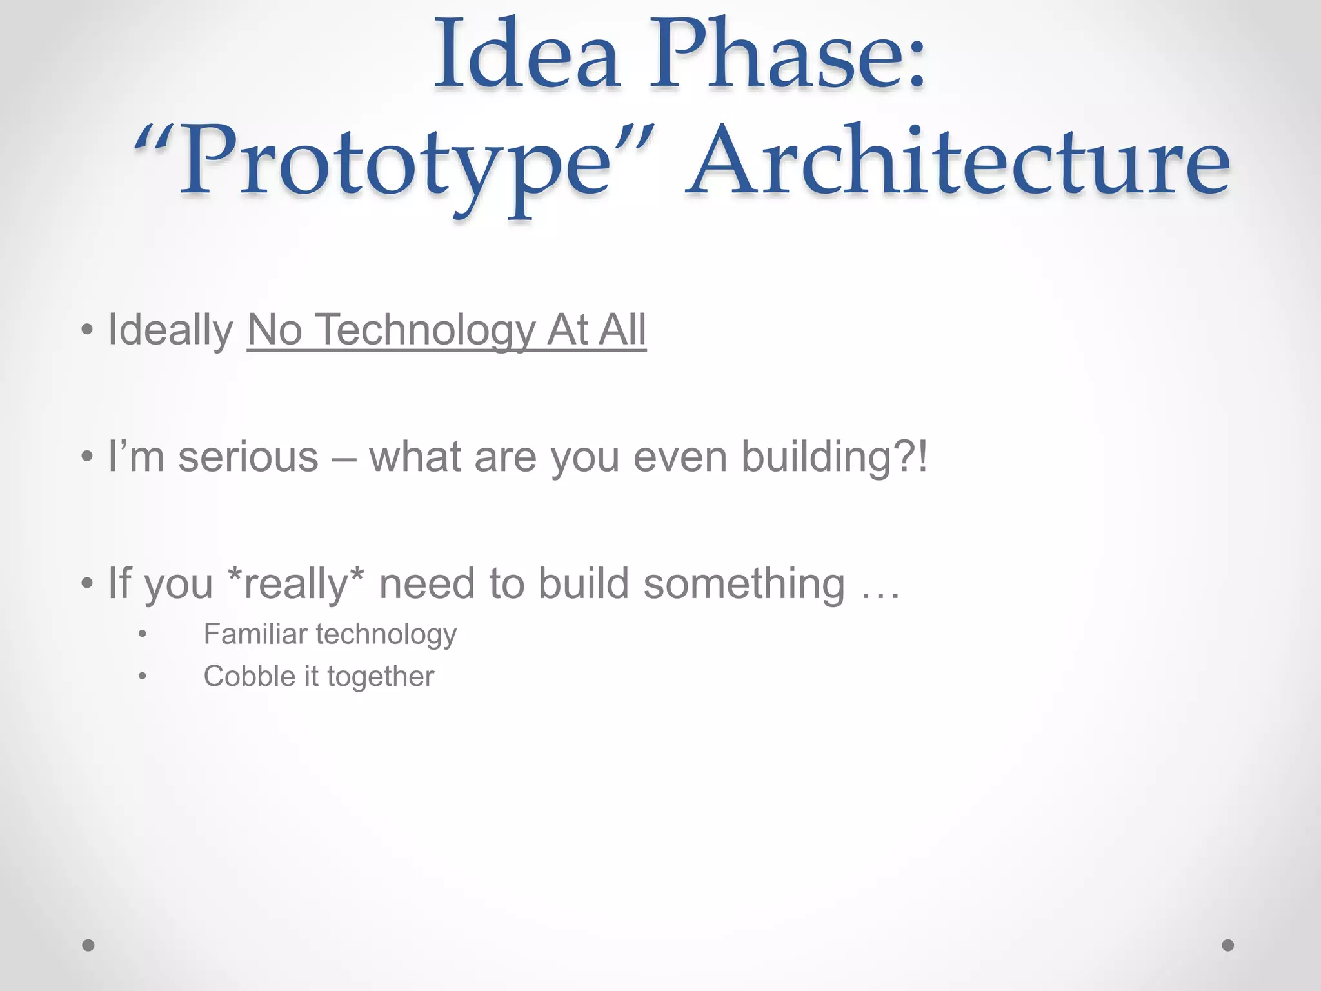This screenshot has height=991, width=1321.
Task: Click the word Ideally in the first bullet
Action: (170, 330)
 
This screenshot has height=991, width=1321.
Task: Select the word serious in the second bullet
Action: (248, 457)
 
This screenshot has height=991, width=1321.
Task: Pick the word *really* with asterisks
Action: (296, 583)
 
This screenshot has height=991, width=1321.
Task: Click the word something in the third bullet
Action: (744, 584)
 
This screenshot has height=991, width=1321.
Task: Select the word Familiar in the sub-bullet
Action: (255, 634)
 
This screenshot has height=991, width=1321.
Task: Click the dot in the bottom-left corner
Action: (88, 945)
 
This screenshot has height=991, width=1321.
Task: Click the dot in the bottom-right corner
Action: (1228, 945)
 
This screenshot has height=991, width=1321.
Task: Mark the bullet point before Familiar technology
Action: (143, 635)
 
